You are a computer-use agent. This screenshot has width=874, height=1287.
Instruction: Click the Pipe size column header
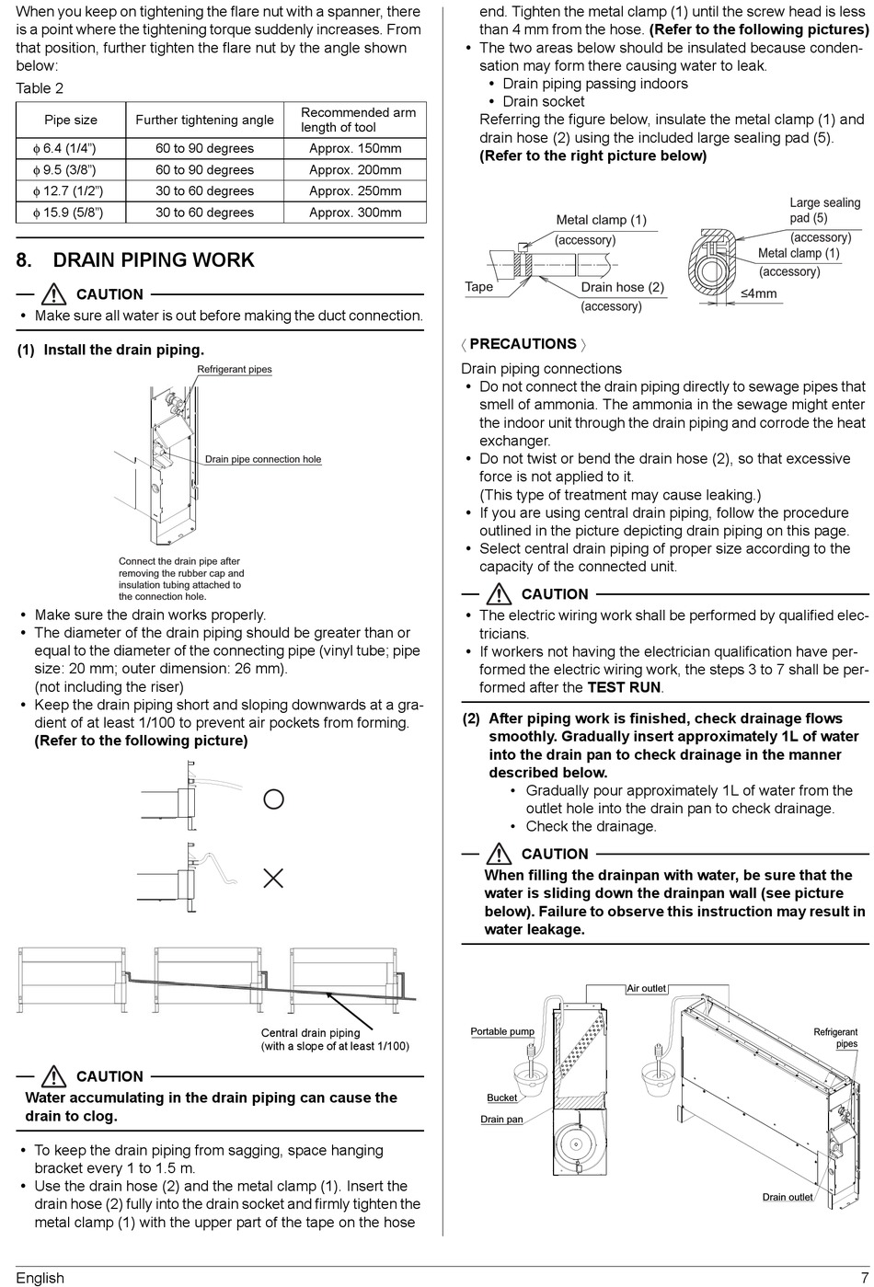[x=71, y=120]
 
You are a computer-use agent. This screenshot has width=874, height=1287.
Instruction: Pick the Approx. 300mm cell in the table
[x=355, y=213]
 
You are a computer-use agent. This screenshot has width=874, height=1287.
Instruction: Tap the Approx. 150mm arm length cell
[x=355, y=148]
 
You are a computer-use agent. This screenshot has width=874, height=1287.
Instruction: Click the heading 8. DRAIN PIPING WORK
[x=135, y=260]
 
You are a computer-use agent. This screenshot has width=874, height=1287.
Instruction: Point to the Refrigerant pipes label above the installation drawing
[x=235, y=370]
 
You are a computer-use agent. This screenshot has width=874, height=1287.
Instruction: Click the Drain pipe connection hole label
[x=263, y=459]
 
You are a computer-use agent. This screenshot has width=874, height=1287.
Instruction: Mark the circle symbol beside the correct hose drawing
[x=273, y=799]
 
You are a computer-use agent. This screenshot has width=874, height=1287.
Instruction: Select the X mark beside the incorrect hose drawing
[x=273, y=879]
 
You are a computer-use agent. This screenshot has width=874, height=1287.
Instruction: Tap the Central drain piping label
[x=310, y=1033]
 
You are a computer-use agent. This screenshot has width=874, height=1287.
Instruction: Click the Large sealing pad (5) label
[x=824, y=210]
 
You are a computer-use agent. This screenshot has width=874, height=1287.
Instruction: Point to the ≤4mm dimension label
[x=758, y=294]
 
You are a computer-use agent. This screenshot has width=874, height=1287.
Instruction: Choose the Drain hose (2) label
[x=622, y=287]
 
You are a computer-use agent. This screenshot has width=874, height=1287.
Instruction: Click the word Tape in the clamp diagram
[x=478, y=287]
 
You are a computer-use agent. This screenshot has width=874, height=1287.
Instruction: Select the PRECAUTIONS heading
[x=523, y=344]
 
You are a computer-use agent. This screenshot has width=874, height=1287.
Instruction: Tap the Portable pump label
[x=502, y=1031]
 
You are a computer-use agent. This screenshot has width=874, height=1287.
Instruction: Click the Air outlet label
[x=646, y=988]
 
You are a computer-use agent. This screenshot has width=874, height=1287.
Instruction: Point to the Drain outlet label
[x=788, y=1197]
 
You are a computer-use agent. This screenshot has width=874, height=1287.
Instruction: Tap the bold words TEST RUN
[x=624, y=687]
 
